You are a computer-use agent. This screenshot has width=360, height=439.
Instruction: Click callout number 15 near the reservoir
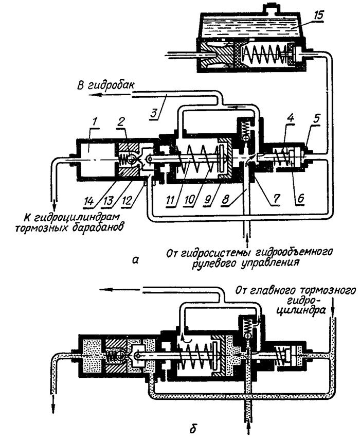click(317, 15)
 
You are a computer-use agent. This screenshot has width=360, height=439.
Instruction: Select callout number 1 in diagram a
click(95, 122)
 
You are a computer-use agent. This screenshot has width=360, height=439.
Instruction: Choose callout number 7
click(276, 199)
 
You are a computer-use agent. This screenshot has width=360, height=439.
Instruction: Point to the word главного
click(268, 291)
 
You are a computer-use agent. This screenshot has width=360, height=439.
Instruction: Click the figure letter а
click(135, 260)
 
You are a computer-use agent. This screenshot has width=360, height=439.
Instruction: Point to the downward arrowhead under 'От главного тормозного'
click(332, 312)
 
